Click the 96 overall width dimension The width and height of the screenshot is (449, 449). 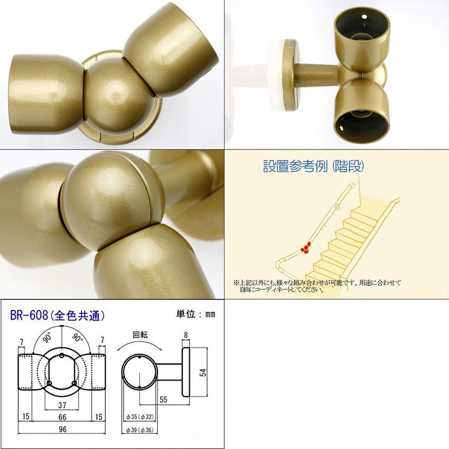coord(62,429)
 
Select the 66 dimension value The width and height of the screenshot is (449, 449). coord(62,417)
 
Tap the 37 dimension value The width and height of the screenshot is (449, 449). coord(62,405)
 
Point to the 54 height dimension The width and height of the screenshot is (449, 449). coord(203,372)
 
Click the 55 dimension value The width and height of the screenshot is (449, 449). coord(163,399)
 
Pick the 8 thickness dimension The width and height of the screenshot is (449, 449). coord(186,335)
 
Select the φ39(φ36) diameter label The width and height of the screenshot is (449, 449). coord(140,430)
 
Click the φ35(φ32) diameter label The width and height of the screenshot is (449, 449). coord(140,417)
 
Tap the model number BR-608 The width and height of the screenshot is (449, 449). coord(29,315)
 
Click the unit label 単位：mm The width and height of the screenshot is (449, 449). coord(195,314)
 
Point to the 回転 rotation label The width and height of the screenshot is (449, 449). coord(140,335)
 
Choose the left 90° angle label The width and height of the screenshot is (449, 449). coord(47,338)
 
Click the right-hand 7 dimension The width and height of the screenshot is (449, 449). coord(102,340)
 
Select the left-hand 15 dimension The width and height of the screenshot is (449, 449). coord(26,416)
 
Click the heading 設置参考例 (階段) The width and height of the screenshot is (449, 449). coord(314,166)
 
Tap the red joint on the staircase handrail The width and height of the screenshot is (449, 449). coord(305,247)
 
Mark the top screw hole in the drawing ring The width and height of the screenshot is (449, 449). coord(62,356)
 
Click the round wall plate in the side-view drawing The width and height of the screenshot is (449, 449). coord(186,372)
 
